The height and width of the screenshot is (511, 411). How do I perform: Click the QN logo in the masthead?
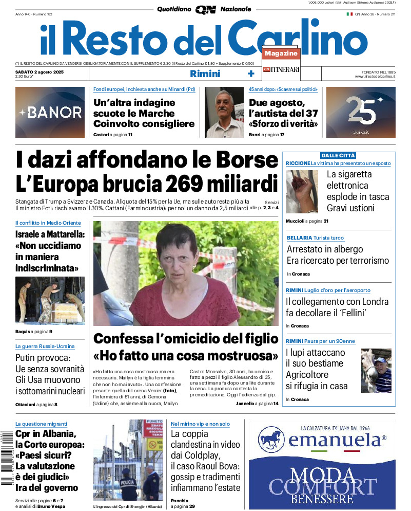click(205, 10)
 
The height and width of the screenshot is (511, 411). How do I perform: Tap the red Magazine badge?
click(281, 53)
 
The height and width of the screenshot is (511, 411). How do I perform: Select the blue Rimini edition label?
click(205, 74)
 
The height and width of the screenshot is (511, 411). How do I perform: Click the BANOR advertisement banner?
click(50, 112)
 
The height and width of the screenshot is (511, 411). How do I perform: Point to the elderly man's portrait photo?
click(224, 112)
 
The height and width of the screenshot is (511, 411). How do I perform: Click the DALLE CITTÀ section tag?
click(338, 155)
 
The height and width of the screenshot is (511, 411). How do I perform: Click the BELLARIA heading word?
click(299, 238)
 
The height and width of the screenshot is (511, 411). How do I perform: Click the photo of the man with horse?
click(376, 371)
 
